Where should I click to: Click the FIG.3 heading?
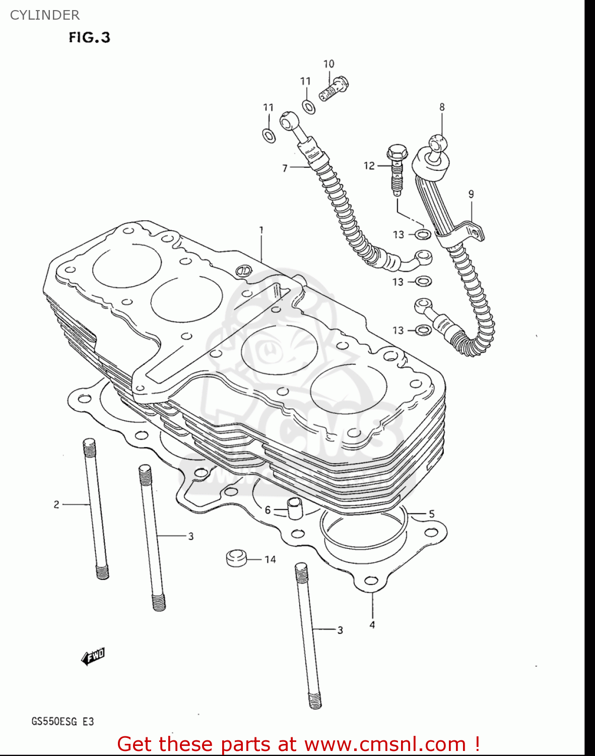pyautogui.click(x=89, y=38)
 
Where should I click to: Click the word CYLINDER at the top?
pyautogui.click(x=45, y=15)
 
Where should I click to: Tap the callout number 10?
pyautogui.click(x=328, y=64)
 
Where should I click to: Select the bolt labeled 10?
pyautogui.click(x=334, y=89)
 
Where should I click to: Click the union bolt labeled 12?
pyautogui.click(x=396, y=168)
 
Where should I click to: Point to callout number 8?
pyautogui.click(x=442, y=107)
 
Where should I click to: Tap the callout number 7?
pyautogui.click(x=285, y=168)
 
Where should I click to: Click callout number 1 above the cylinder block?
pyautogui.click(x=261, y=230)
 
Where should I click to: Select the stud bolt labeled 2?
pyautogui.click(x=96, y=509)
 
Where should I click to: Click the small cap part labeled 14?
pyautogui.click(x=236, y=558)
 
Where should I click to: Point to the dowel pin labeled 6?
pyautogui.click(x=294, y=507)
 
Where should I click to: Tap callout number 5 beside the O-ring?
pyautogui.click(x=431, y=514)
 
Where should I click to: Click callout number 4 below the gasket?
pyautogui.click(x=372, y=625)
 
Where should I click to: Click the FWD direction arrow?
pyautogui.click(x=93, y=656)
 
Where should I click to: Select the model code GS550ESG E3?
pyautogui.click(x=62, y=721)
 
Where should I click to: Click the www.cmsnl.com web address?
pyautogui.click(x=385, y=744)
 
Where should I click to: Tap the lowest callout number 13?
pyautogui.click(x=398, y=330)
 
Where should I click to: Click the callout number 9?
pyautogui.click(x=471, y=194)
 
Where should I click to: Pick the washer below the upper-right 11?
pyautogui.click(x=308, y=107)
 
